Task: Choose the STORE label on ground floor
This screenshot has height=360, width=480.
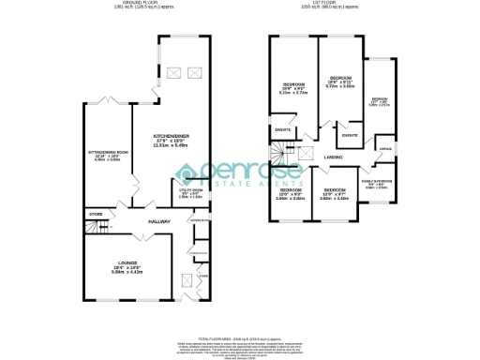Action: pyautogui.click(x=96, y=215)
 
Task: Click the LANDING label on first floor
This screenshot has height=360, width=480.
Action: pyautogui.click(x=333, y=156)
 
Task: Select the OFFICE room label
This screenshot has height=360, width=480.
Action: pyautogui.click(x=384, y=149)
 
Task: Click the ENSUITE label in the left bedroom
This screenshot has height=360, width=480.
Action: pyautogui.click(x=281, y=128)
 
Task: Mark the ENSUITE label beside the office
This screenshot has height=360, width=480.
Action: pyautogui.click(x=349, y=136)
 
